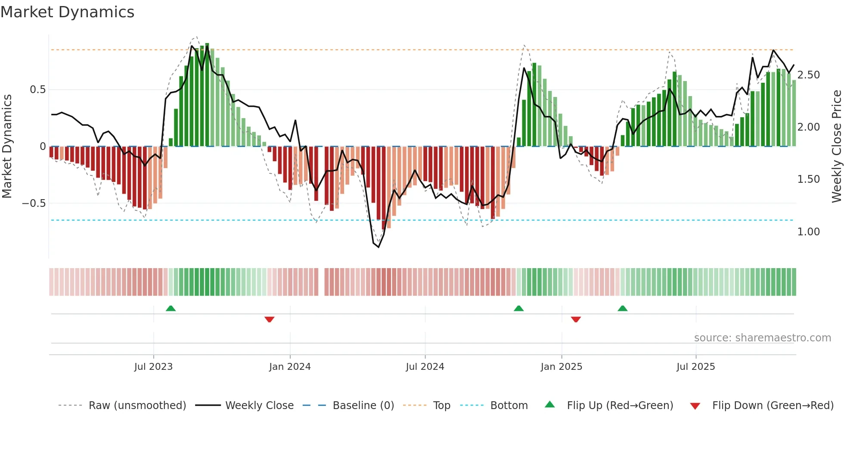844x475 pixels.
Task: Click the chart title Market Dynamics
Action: coord(68,12)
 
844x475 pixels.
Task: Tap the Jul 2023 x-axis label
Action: coord(153,367)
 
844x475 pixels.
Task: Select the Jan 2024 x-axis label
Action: coord(290,367)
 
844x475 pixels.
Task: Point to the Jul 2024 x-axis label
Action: coord(425,367)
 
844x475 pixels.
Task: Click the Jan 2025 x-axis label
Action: coord(562,367)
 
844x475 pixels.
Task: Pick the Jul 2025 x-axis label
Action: coord(696,367)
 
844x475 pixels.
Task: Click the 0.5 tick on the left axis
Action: coord(37,90)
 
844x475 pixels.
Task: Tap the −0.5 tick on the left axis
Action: coord(34,203)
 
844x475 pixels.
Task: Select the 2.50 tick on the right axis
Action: coord(809,75)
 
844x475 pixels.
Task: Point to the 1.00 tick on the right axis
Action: coord(809,232)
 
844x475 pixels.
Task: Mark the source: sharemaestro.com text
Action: coord(762,338)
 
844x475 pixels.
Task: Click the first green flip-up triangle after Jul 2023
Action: coord(171,308)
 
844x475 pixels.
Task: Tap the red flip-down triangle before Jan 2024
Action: coord(270,319)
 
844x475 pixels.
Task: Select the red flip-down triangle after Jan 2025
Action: coord(576,319)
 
